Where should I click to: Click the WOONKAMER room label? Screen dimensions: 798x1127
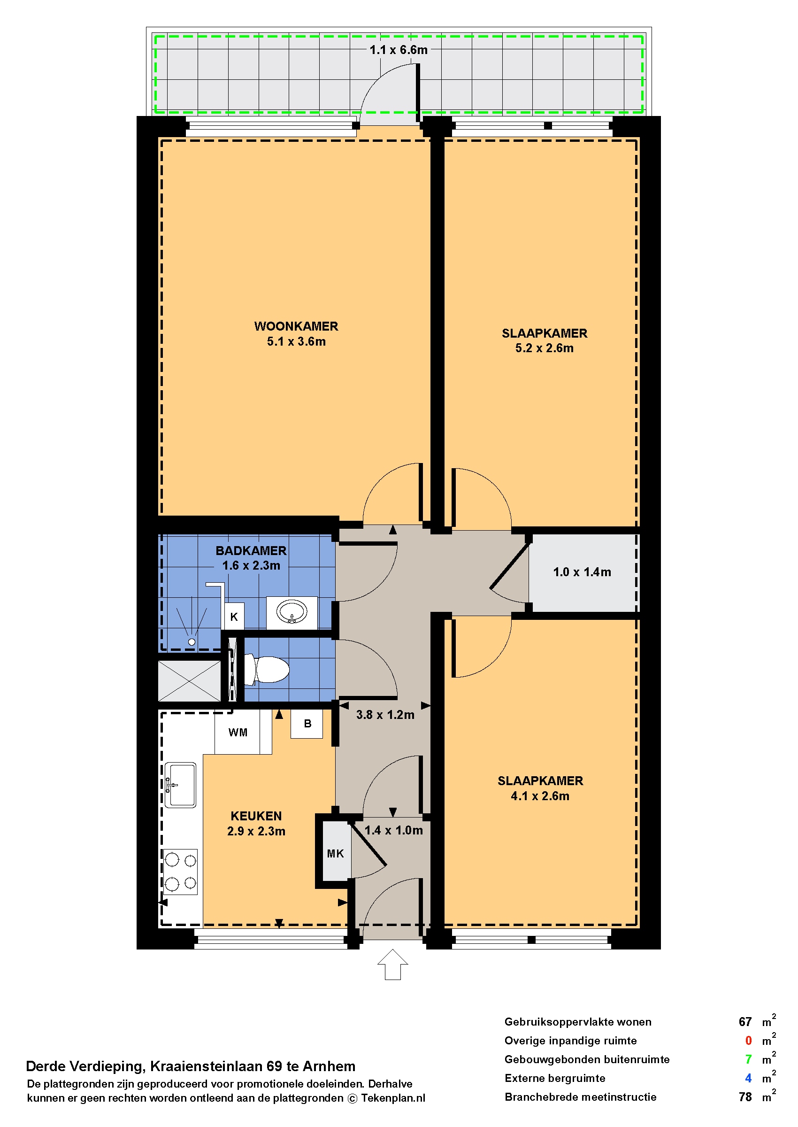296,326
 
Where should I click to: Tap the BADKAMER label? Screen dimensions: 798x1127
251,550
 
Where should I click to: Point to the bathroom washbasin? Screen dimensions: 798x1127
292,612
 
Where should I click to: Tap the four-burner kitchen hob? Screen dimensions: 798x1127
180,872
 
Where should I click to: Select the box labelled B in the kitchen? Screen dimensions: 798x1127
307,724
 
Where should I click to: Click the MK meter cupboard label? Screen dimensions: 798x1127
336,853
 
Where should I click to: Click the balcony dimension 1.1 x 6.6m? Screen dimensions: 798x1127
399,50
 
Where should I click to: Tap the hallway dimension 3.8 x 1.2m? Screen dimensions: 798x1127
385,715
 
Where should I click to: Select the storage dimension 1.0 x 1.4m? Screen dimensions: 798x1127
582,571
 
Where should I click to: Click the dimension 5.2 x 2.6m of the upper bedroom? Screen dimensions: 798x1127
545,348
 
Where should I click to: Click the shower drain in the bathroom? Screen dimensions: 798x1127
192,642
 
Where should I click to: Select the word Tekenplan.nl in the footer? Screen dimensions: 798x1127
393,1098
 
